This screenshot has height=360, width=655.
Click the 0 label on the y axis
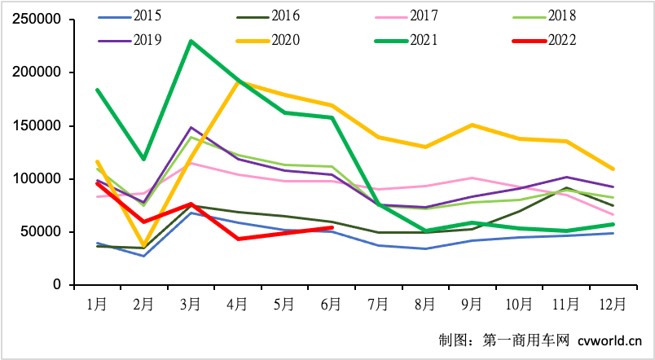tap(58, 285)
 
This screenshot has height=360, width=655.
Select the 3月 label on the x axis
tap(191, 304)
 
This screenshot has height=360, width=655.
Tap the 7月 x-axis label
tap(379, 304)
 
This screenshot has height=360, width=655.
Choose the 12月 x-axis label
tap(612, 304)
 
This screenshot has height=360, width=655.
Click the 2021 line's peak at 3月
tap(191, 41)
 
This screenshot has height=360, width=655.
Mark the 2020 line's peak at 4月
tap(238, 81)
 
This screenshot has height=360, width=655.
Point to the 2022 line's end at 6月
tap(332, 227)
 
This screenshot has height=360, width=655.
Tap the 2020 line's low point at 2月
tap(144, 246)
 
